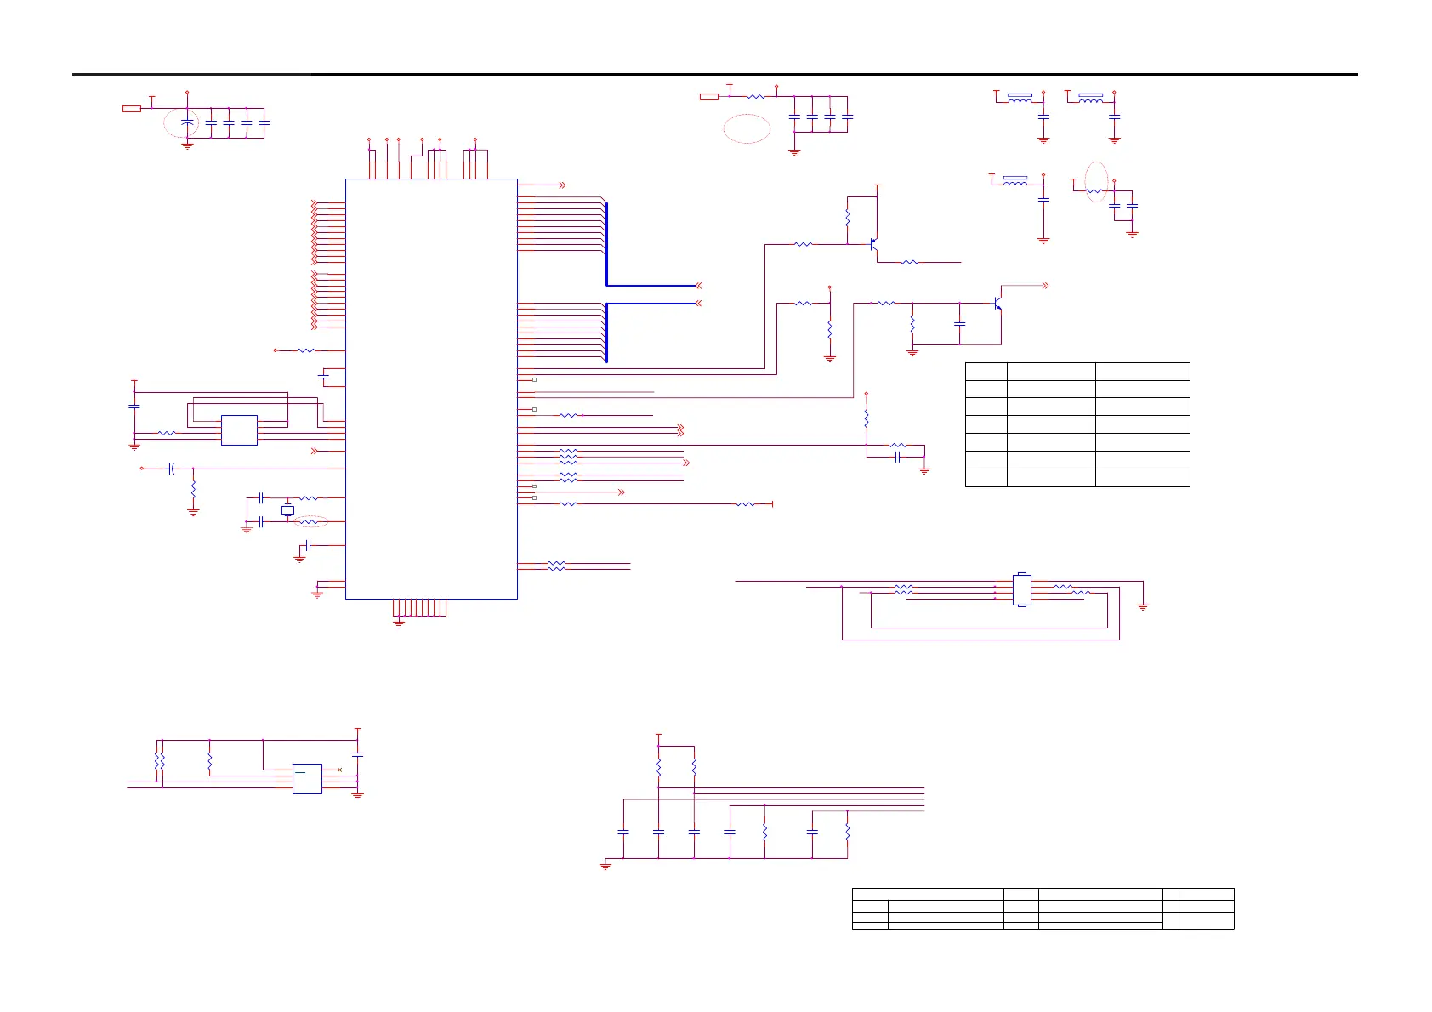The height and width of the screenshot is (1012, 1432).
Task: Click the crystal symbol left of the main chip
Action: pyautogui.click(x=287, y=510)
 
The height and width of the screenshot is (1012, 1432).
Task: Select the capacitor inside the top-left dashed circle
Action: pyautogui.click(x=188, y=123)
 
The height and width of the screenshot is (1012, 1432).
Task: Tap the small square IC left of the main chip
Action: pyautogui.click(x=239, y=430)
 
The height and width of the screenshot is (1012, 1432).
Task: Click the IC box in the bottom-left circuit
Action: pyautogui.click(x=307, y=779)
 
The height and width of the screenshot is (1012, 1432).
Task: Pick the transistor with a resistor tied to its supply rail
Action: pyautogui.click(x=872, y=245)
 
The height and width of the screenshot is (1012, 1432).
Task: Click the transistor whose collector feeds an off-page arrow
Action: pyautogui.click(x=997, y=303)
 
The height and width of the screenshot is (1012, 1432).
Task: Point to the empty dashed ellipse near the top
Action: pyautogui.click(x=747, y=128)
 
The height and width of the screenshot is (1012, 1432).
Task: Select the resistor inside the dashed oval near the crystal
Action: pyautogui.click(x=309, y=521)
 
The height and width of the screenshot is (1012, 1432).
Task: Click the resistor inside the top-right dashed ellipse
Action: pyautogui.click(x=1095, y=191)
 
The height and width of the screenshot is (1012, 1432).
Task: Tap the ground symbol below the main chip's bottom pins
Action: pyautogui.click(x=399, y=623)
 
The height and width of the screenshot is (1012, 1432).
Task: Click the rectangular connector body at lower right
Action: pyautogui.click(x=1022, y=589)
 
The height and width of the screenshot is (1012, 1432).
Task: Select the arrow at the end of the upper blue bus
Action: pyautogui.click(x=699, y=286)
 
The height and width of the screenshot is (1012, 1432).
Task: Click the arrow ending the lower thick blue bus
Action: pyautogui.click(x=699, y=303)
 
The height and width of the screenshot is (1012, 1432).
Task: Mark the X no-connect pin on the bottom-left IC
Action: pyautogui.click(x=340, y=770)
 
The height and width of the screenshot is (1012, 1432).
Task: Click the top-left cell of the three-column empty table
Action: pyautogui.click(x=986, y=371)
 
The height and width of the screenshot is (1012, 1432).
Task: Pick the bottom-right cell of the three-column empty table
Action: pyautogui.click(x=1142, y=477)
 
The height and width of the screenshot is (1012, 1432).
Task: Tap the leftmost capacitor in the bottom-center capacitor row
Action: pyautogui.click(x=623, y=832)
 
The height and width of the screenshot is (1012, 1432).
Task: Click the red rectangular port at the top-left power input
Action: pyautogui.click(x=132, y=109)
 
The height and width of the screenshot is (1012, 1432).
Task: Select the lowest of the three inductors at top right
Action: pyautogui.click(x=1016, y=182)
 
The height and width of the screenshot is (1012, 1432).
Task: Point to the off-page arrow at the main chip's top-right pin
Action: pyautogui.click(x=562, y=185)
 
